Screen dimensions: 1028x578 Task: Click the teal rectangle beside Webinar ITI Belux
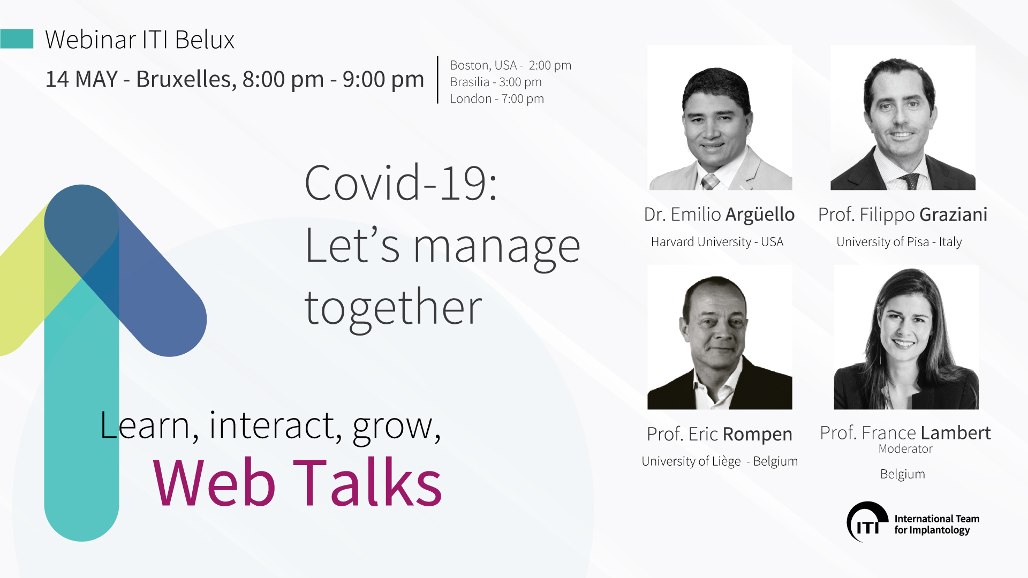tap(17, 39)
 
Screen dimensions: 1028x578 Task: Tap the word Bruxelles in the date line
tap(184, 79)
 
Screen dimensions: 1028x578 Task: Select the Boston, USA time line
tap(511, 65)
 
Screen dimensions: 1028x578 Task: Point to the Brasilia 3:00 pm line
tap(496, 82)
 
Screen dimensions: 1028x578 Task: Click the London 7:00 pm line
tap(497, 98)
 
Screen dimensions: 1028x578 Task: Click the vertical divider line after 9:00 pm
tap(437, 80)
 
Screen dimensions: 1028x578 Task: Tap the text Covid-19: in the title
tap(401, 183)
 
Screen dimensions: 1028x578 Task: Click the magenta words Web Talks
tap(297, 483)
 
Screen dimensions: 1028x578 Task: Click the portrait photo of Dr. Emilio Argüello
tap(720, 118)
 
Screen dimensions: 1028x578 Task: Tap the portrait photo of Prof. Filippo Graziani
tap(903, 118)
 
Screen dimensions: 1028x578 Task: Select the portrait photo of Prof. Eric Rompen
tap(720, 337)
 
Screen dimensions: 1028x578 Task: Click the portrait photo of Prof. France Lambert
tap(906, 337)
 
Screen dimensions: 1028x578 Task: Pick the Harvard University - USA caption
tap(717, 242)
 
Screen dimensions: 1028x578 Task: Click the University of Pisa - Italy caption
tap(899, 242)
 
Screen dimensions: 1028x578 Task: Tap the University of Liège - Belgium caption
tap(720, 461)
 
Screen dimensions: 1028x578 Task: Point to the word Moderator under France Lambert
tap(905, 449)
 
